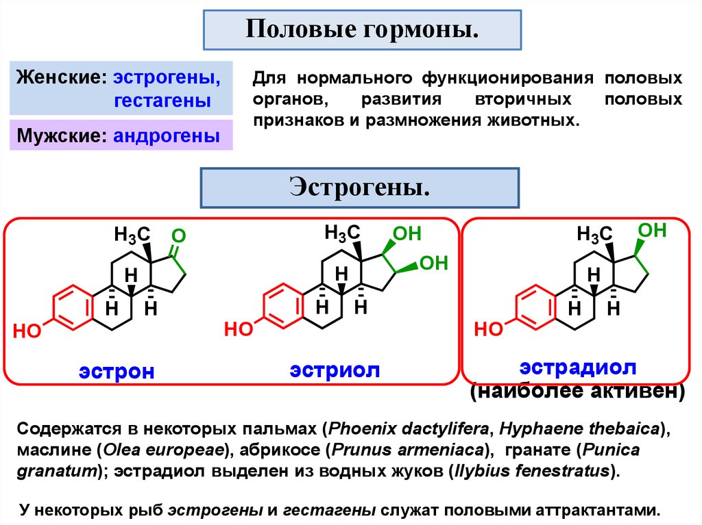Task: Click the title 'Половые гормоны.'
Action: click(361, 30)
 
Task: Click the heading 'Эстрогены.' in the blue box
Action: click(359, 186)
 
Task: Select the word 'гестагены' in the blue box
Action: click(162, 101)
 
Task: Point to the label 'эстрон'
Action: click(116, 371)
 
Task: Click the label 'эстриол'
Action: click(334, 370)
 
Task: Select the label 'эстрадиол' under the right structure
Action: click(579, 366)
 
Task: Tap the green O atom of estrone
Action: click(178, 236)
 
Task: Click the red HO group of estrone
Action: click(27, 332)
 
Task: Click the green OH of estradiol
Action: click(652, 230)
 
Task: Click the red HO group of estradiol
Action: click(489, 330)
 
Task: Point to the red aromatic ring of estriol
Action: click(283, 305)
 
